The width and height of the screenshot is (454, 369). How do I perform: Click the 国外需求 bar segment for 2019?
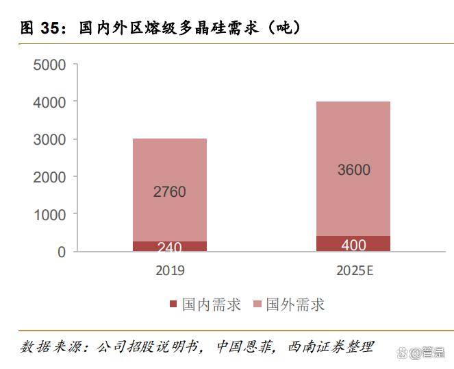pyautogui.click(x=169, y=165)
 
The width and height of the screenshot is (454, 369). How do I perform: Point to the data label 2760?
pyautogui.click(x=169, y=192)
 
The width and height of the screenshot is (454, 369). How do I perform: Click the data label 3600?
pyautogui.click(x=353, y=169)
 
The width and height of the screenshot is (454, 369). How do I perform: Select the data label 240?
pyautogui.click(x=169, y=248)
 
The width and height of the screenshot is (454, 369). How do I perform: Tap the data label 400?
pyautogui.click(x=353, y=245)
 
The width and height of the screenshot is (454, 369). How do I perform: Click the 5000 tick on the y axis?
pyautogui.click(x=49, y=65)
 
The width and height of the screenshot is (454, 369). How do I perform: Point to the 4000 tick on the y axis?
pyautogui.click(x=49, y=102)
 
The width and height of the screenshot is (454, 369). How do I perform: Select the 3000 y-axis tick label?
pyautogui.click(x=49, y=140)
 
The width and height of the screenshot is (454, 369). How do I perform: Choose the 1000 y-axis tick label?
pyautogui.click(x=49, y=215)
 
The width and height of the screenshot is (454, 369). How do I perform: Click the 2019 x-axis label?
pyautogui.click(x=169, y=270)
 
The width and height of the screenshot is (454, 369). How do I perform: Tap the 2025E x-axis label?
pyautogui.click(x=354, y=270)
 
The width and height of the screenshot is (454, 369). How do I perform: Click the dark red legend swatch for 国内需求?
pyautogui.click(x=173, y=305)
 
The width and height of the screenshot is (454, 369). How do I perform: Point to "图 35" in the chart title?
pyautogui.click(x=38, y=28)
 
